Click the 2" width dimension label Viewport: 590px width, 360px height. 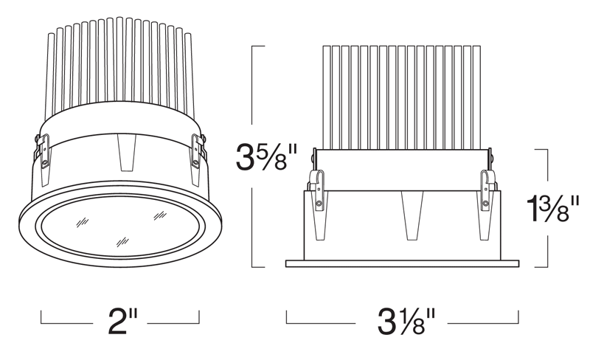pyautogui.click(x=122, y=321)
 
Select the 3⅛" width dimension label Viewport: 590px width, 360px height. pyautogui.click(x=406, y=321)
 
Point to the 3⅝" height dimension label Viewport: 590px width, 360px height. pyautogui.click(x=266, y=157)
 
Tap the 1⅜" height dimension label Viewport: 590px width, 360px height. pyautogui.click(x=552, y=209)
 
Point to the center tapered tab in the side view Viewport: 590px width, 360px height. pyautogui.click(x=412, y=215)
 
